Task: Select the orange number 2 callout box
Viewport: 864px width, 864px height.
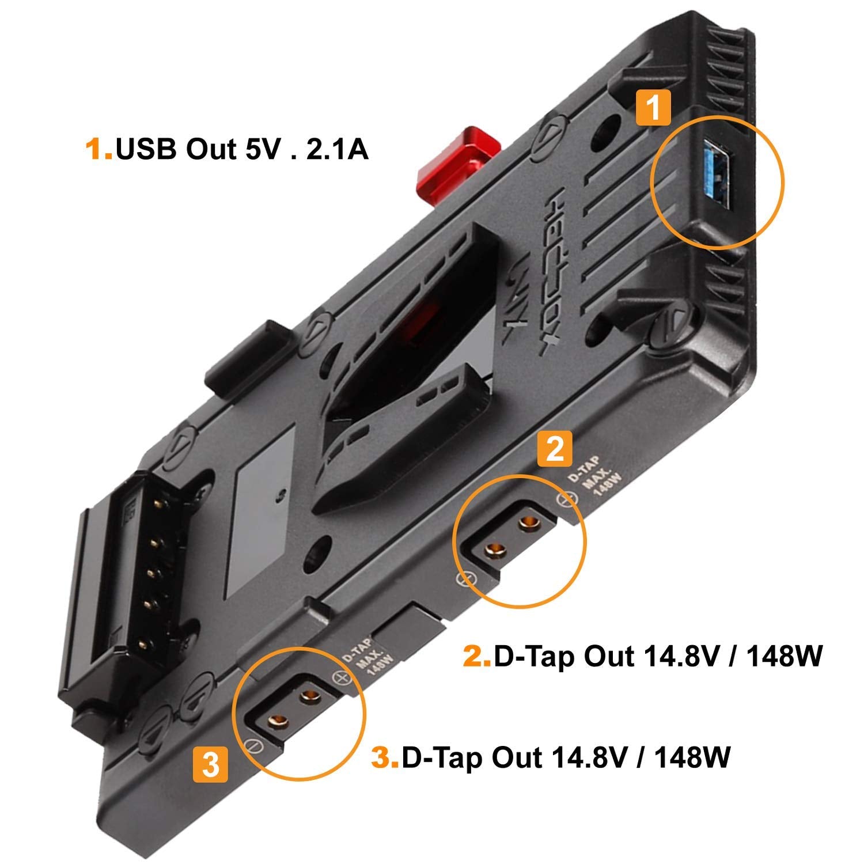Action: click(x=554, y=449)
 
